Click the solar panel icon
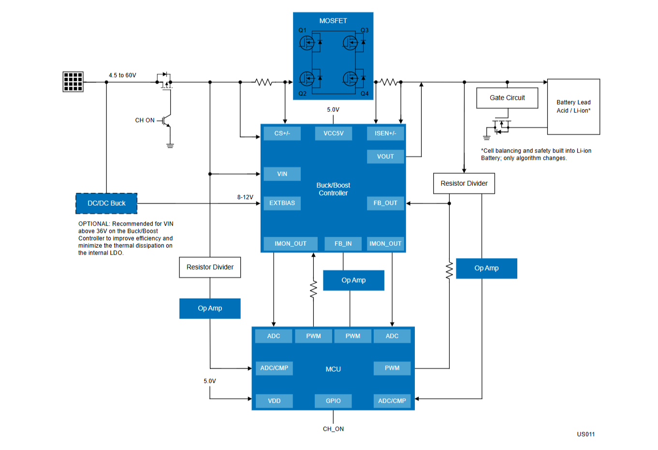coord(73,82)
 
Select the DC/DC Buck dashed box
coord(106,203)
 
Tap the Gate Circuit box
coord(507,98)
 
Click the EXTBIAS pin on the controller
coord(282,203)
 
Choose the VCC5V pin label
coord(334,134)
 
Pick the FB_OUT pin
coord(385,203)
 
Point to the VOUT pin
coord(385,156)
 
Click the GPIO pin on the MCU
coord(333,401)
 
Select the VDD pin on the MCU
coord(274,401)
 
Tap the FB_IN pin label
coord(343,244)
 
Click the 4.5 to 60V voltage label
coord(122,75)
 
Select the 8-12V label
coord(245,197)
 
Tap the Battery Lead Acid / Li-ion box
coord(573,107)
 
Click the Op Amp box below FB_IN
coord(354,281)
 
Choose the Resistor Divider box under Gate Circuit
coord(464,183)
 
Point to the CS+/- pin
coord(282,134)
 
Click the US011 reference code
coord(586,434)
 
